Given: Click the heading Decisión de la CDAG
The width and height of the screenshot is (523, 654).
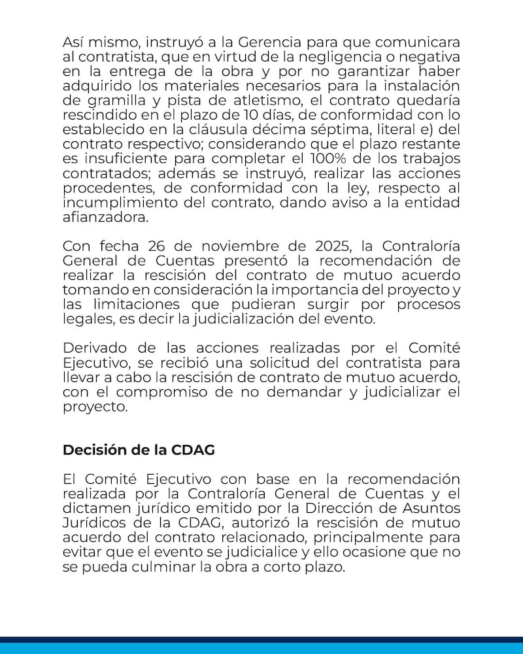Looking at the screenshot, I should click(139, 451).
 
